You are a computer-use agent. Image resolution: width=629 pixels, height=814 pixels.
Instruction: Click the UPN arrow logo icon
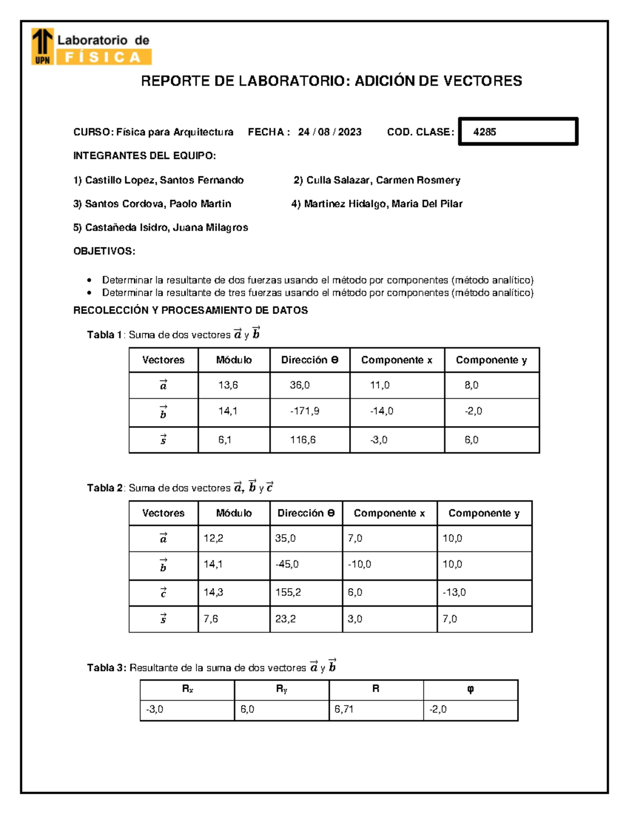coord(42,46)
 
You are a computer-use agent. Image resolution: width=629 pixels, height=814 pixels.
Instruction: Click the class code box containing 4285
coord(518,132)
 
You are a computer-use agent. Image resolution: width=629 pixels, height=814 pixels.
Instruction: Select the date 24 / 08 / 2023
coord(330,132)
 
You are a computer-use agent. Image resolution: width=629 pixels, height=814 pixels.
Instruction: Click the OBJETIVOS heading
coord(104,252)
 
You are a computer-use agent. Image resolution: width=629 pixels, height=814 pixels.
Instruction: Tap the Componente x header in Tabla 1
coord(397,360)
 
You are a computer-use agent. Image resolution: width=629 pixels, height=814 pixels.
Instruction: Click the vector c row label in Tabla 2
coord(163,593)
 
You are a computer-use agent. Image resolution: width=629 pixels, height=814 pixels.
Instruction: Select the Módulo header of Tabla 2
coord(234,513)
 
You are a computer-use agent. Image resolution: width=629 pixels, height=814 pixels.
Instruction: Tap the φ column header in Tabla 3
coord(470,690)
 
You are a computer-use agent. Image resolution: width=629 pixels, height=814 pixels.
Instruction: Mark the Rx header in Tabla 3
coord(187,690)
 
